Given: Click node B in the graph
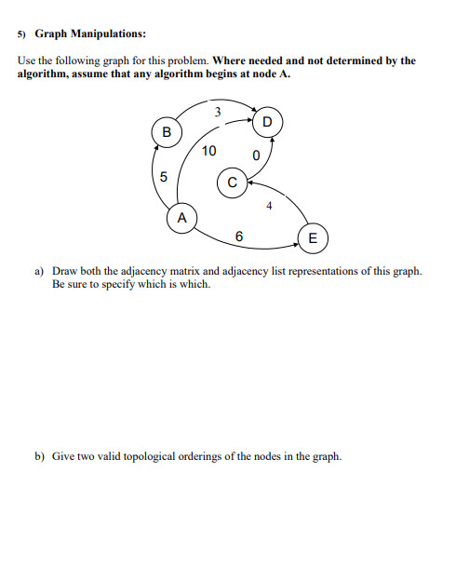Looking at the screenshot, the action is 167,131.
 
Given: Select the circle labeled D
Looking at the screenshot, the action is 268,121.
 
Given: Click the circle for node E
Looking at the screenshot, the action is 312,238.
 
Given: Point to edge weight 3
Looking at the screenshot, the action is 217,112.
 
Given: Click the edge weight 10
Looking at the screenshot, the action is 208,151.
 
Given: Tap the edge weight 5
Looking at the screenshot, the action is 163,176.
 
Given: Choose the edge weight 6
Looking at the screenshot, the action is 240,236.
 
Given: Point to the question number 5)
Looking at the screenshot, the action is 22,34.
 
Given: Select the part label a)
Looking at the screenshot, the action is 40,271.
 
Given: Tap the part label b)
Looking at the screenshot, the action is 40,456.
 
